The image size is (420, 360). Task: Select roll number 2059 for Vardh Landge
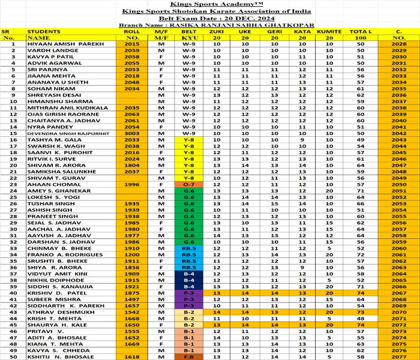(x=131, y=50)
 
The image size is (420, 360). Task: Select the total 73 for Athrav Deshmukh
(x=360, y=312)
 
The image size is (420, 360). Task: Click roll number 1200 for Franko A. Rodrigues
(x=131, y=254)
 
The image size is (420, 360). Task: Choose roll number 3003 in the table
(x=131, y=133)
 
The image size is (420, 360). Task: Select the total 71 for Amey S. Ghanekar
(x=360, y=191)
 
